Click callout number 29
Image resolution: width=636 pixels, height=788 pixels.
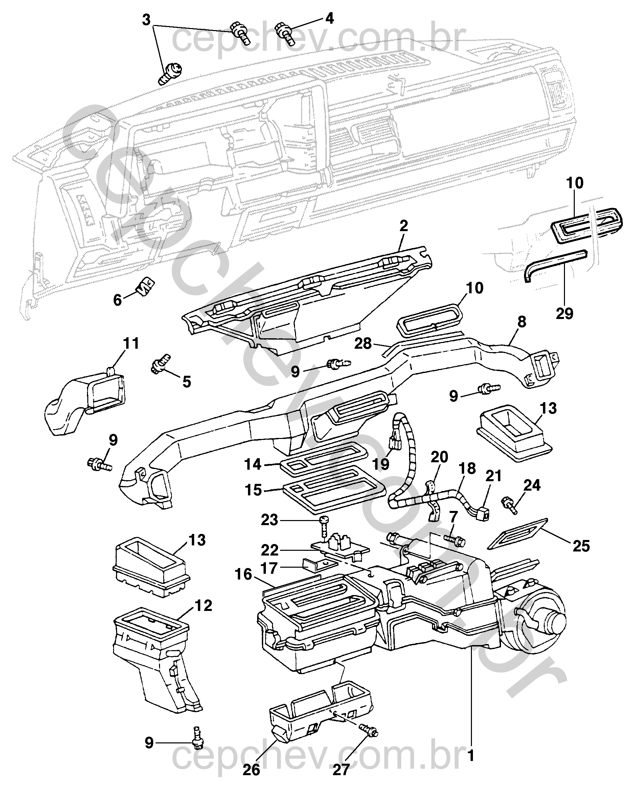(564, 313)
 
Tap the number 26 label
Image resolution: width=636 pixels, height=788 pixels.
(251, 770)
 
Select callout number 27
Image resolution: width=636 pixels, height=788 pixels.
(341, 770)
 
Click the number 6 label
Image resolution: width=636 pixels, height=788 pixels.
(117, 300)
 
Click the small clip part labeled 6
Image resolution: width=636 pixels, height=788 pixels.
(146, 286)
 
